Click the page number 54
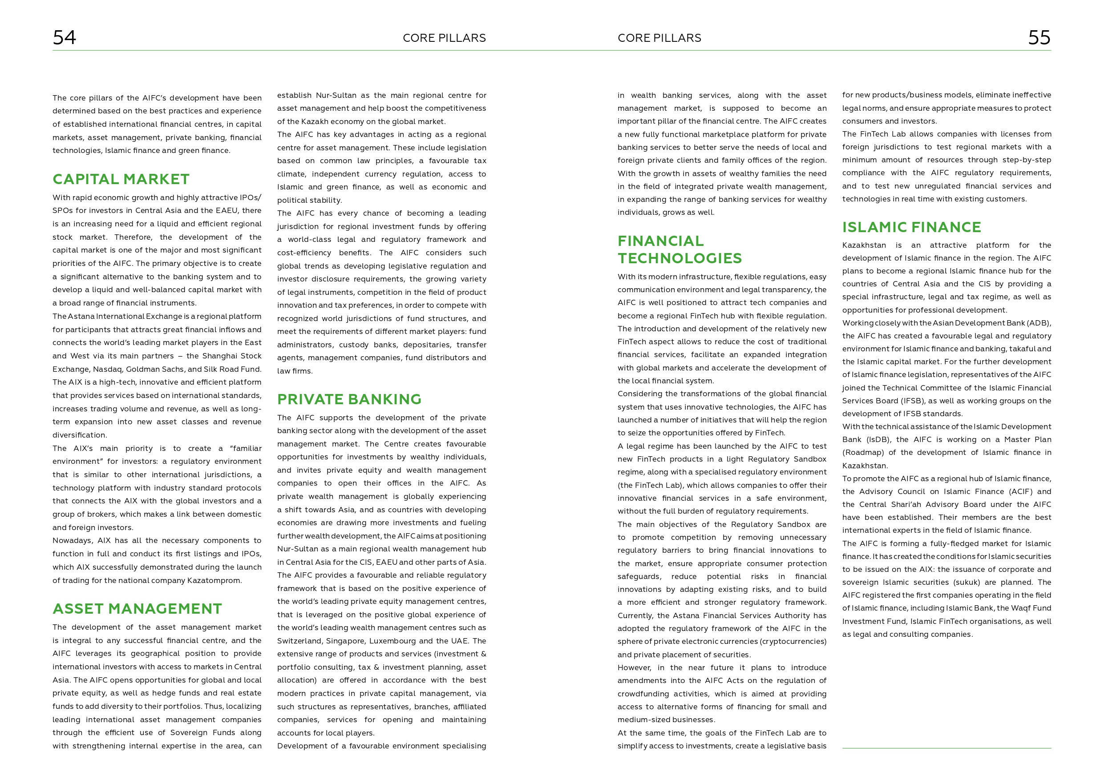[x=64, y=37]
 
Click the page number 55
[x=1039, y=37]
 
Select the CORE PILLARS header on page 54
[x=444, y=38]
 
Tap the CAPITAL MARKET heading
[x=121, y=179]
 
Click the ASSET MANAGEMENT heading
[x=137, y=609]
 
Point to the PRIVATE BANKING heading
[x=349, y=399]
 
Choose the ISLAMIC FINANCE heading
[x=911, y=227]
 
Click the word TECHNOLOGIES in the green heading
[x=679, y=258]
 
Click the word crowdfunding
[x=645, y=694]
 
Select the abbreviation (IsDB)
[x=879, y=440]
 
